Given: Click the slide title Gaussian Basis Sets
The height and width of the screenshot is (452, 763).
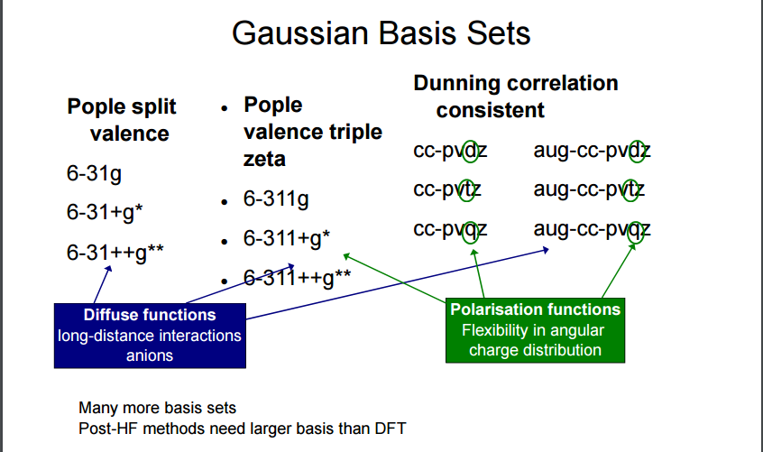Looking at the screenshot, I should coord(381,33).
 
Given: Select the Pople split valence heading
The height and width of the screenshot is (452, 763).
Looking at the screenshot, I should coord(122,120).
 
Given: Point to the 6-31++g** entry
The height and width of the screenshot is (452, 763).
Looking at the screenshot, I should coord(115,253).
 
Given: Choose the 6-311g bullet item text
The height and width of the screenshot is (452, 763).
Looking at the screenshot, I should coord(276,199).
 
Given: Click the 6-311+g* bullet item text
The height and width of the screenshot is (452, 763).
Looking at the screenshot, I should coord(287,239).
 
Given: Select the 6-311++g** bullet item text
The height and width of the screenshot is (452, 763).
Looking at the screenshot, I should coord(297,277).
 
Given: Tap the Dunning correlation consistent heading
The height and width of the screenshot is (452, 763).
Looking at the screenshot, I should coord(515,97).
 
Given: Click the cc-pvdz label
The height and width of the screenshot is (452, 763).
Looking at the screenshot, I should coord(450,150).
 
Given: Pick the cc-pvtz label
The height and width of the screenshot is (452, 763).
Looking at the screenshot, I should coord(447,189).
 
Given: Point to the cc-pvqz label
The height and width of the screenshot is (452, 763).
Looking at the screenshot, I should coord(450,229).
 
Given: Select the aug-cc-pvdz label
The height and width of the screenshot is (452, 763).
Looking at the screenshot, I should coord(592,150).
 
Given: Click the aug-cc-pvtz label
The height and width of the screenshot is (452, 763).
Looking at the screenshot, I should coord(589,189).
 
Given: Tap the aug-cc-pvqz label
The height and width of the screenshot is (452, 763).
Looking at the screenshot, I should coord(592,229).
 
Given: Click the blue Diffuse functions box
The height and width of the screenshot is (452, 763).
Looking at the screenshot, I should coord(150,335).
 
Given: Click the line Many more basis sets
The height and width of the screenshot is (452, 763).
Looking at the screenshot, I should coord(157,408).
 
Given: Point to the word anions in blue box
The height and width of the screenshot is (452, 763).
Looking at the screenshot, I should coord(150,355).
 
